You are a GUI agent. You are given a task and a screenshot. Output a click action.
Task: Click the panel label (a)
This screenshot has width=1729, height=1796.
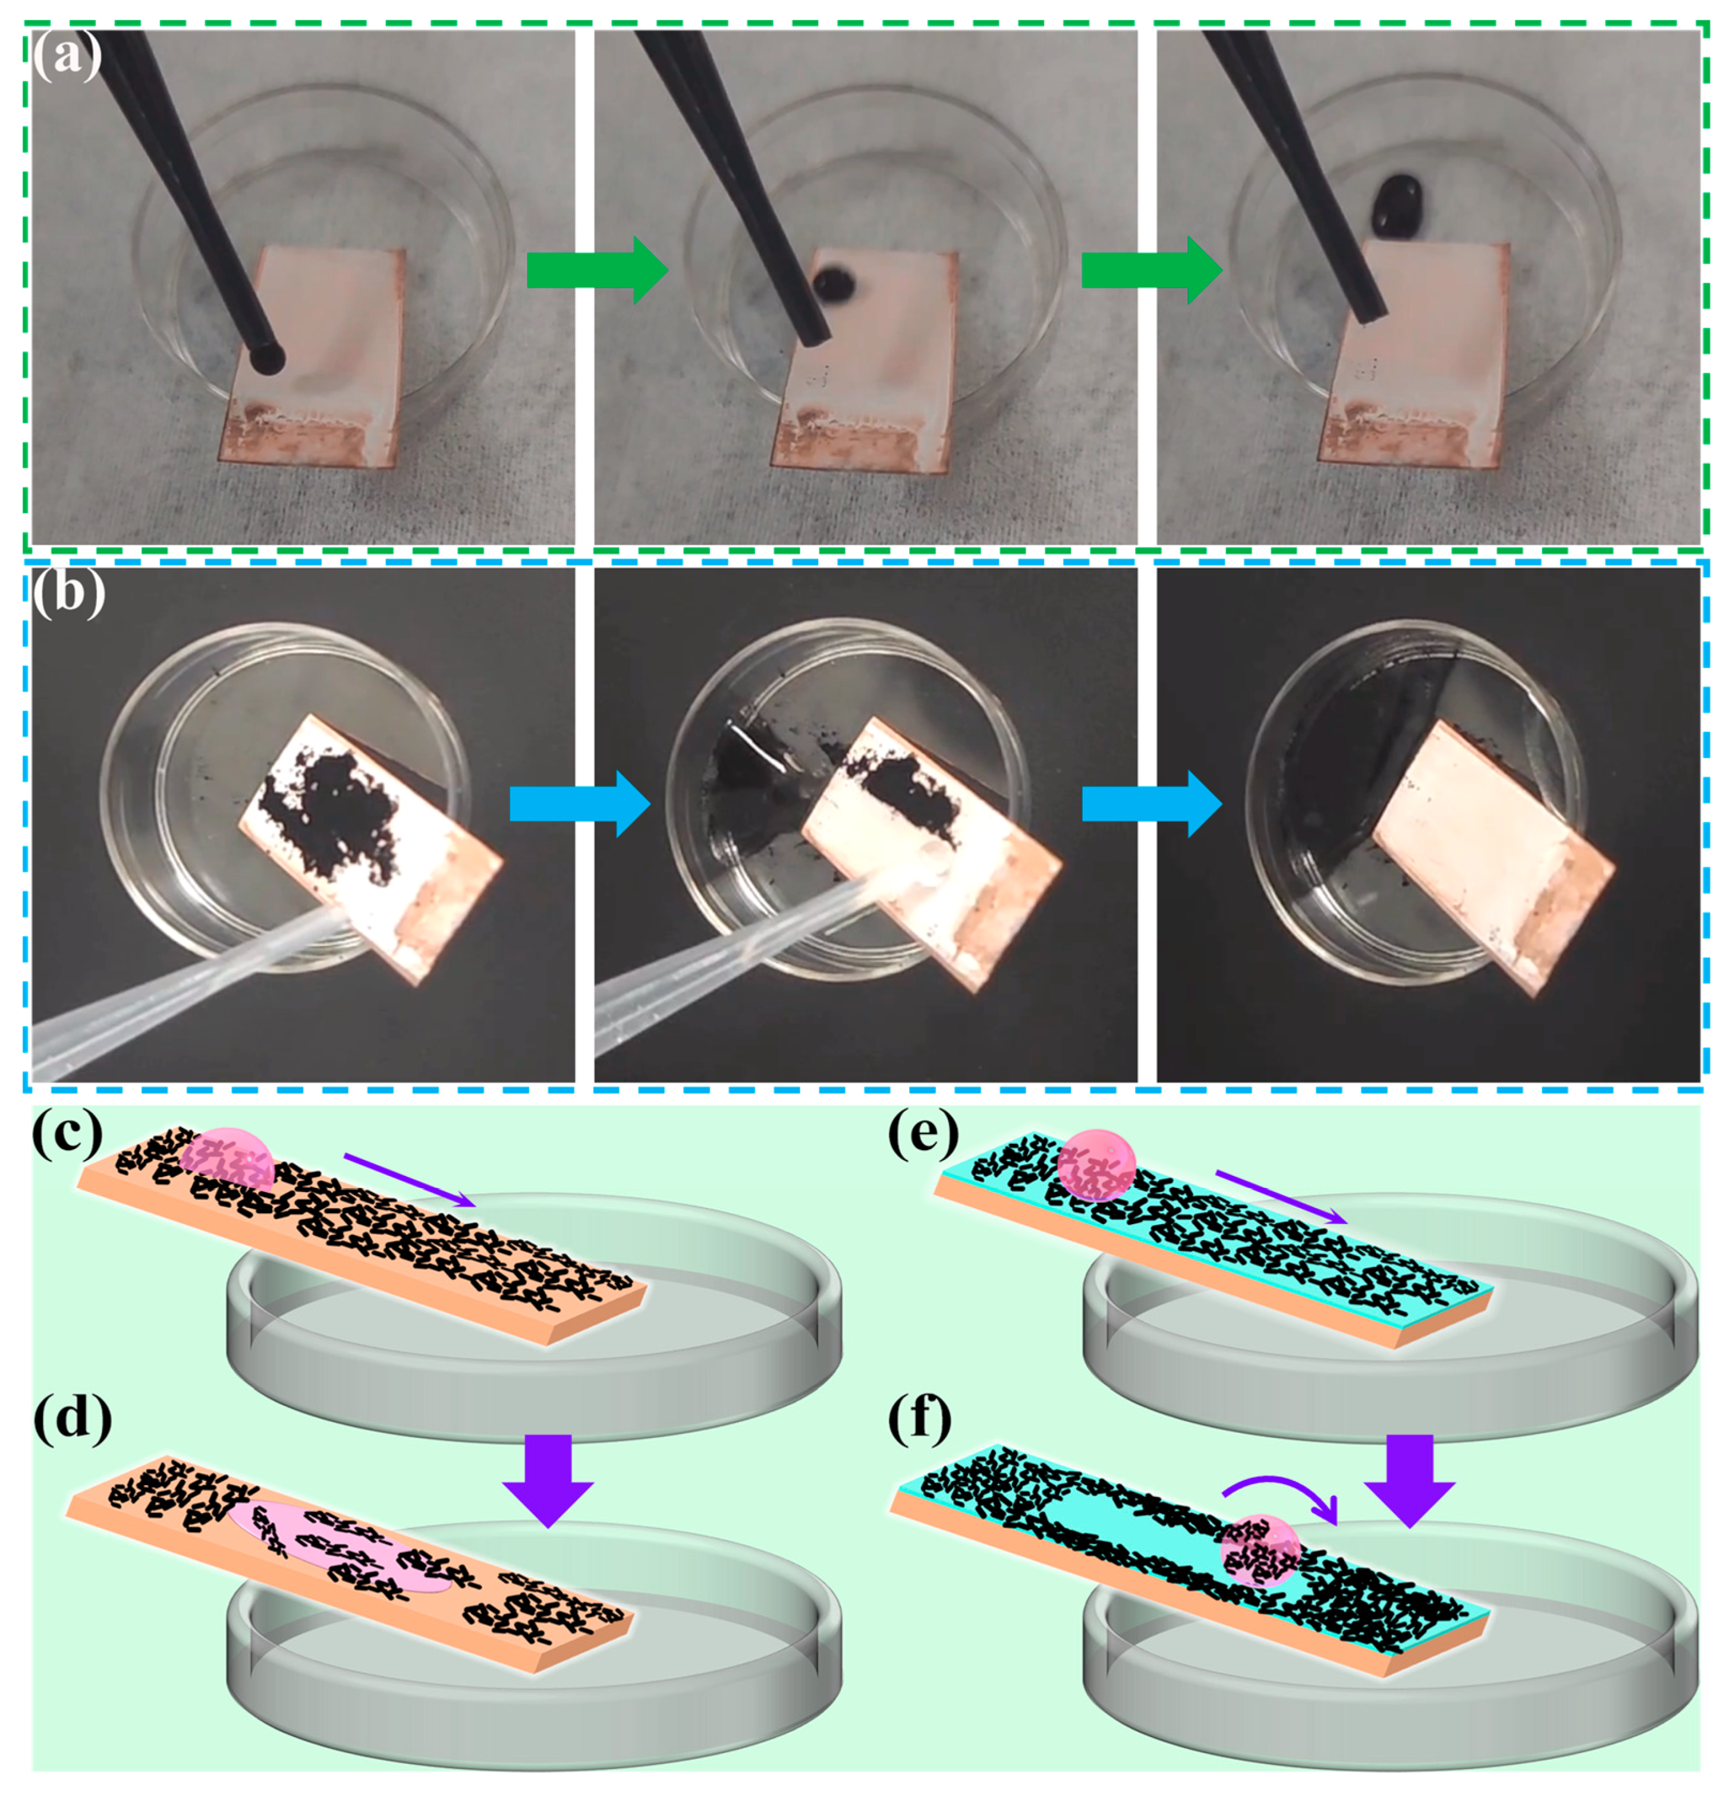point(66,59)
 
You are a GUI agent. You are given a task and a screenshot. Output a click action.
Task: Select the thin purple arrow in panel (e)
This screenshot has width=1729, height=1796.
point(1281,1196)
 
